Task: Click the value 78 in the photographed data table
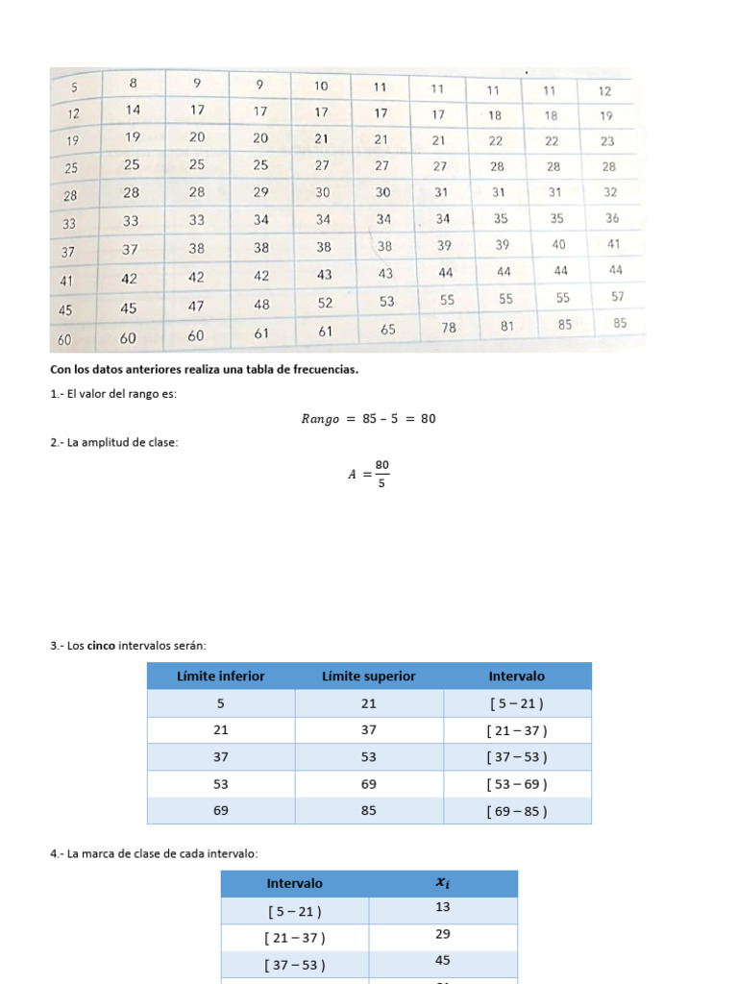tap(448, 328)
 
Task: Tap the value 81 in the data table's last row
tap(507, 326)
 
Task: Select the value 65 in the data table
tap(387, 329)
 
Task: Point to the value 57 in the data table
tap(618, 297)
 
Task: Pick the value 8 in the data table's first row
tap(133, 83)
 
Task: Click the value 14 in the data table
tap(133, 110)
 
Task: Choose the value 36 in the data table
tap(613, 218)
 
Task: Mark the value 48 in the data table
tap(261, 305)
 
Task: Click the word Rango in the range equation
tap(320, 419)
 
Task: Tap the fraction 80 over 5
tap(382, 474)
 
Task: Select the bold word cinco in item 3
tap(101, 646)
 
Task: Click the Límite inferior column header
tap(221, 676)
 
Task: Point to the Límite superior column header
tap(369, 676)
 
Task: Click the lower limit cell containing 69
tap(221, 810)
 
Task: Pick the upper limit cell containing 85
tap(369, 810)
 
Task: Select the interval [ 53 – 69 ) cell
tap(517, 783)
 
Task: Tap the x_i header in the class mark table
tap(442, 883)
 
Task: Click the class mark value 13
tap(442, 908)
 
